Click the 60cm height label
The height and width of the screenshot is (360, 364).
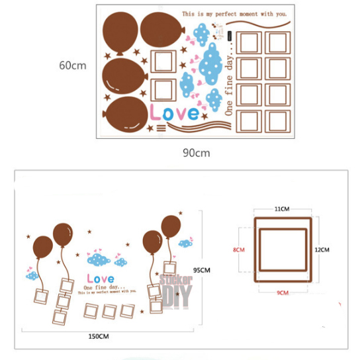click(x=73, y=66)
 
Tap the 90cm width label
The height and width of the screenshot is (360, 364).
click(x=197, y=153)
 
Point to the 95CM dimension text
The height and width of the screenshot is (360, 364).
click(x=201, y=270)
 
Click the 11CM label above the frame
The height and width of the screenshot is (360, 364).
click(x=283, y=208)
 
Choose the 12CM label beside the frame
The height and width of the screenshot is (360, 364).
click(x=322, y=249)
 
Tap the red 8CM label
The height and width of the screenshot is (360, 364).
click(x=240, y=250)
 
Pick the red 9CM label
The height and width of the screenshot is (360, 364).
click(x=283, y=292)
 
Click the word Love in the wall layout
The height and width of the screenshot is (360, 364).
click(x=100, y=278)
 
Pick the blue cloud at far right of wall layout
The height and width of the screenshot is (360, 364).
click(x=186, y=242)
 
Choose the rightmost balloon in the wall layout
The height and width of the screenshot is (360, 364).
click(x=171, y=225)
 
